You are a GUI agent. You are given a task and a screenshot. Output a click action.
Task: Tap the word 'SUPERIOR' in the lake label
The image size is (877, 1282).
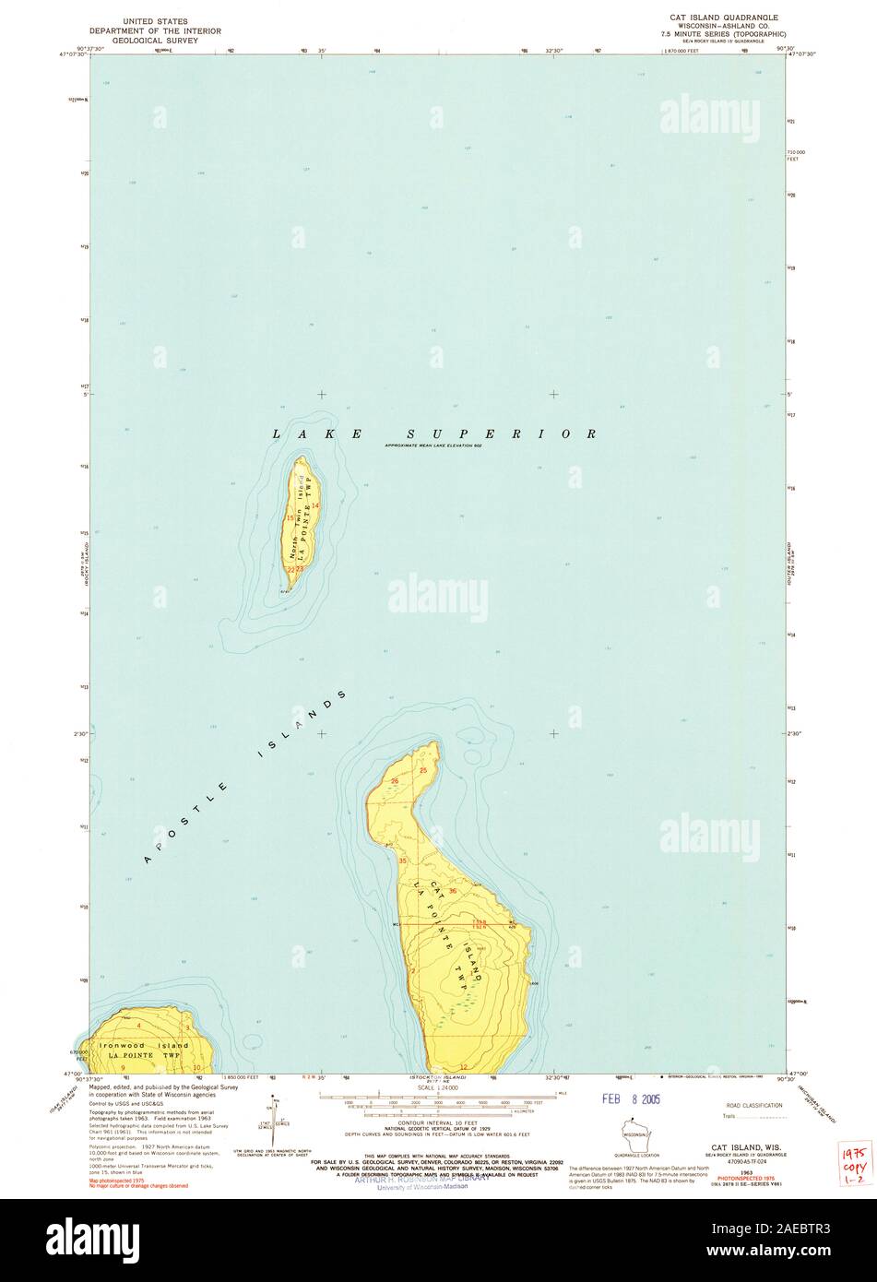pos(503,433)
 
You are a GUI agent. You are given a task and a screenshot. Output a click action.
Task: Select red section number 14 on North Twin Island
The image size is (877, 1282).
pos(314,505)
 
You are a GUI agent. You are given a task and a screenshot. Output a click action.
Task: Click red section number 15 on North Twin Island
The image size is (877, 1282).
pos(290,518)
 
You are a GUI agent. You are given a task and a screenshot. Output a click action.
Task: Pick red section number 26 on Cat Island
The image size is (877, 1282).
pos(394,781)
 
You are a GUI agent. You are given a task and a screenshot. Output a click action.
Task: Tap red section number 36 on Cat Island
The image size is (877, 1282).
pos(453,864)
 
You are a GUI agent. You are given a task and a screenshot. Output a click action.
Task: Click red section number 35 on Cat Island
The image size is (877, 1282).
pos(402,861)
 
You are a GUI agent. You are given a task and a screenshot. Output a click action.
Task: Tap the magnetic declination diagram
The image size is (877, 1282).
pos(274,1116)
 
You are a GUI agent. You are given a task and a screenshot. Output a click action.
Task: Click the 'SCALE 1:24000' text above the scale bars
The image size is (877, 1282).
pos(437,1088)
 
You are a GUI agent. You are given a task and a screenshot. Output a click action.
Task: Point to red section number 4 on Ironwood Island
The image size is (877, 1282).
pos(138,1026)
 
